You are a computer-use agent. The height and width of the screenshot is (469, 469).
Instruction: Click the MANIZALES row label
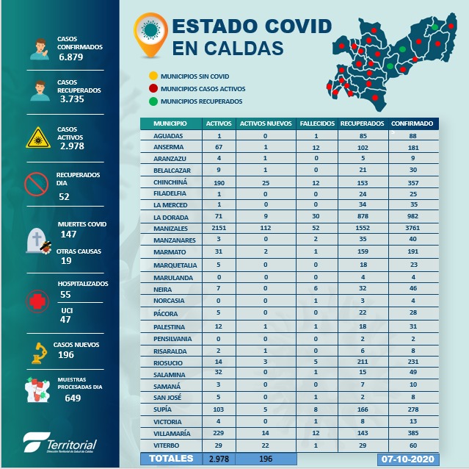click(169, 229)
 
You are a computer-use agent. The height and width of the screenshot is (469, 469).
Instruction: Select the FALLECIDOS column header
click(317, 123)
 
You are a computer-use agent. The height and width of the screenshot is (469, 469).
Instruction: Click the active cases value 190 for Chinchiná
click(219, 182)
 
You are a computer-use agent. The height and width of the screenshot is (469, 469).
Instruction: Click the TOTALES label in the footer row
click(172, 459)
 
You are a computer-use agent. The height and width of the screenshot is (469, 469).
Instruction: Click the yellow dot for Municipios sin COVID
click(152, 76)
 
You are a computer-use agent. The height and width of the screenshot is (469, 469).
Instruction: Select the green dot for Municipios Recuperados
click(152, 100)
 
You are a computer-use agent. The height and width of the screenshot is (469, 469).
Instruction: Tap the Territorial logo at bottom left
click(60, 443)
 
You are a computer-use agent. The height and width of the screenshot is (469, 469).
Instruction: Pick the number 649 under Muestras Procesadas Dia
click(72, 398)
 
